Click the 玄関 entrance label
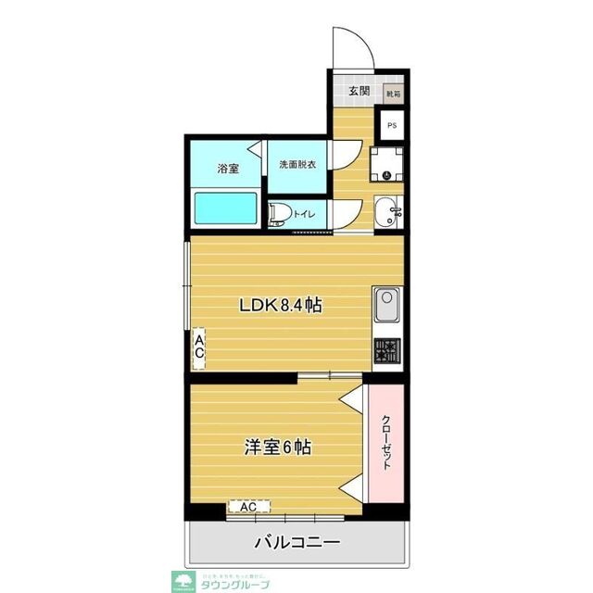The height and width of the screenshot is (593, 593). point(359,91)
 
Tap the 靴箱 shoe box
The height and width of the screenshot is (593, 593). point(393,93)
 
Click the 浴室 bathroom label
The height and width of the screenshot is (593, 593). point(228,169)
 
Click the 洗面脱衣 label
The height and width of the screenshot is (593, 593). point(297,166)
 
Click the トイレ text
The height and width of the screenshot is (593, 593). point(305,215)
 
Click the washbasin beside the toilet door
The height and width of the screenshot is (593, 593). point(389,213)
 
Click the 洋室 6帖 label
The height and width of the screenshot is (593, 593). point(276,446)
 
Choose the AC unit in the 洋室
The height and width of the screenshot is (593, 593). point(248,508)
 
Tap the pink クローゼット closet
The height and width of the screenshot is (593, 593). point(385,442)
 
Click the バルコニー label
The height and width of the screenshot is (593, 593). point(296,544)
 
